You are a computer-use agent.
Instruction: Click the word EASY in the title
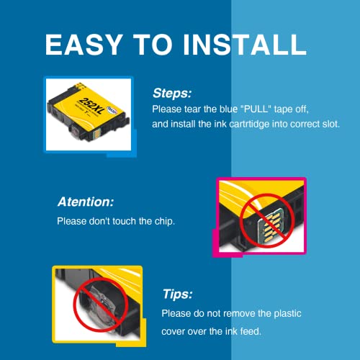pos(84,45)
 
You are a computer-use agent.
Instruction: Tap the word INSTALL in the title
pos(245,45)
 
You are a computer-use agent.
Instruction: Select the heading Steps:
pos(172,93)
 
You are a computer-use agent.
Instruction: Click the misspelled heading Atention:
pos(86,202)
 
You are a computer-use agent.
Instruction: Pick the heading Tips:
pos(178,294)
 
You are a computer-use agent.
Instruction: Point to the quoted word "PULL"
pos(256,109)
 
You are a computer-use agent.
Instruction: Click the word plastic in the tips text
pos(287,314)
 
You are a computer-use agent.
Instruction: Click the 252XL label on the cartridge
pos(92,106)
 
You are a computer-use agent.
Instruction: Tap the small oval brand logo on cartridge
pos(112,110)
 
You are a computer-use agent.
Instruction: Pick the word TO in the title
pos(153,45)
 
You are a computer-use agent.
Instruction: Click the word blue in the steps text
pos(229,109)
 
